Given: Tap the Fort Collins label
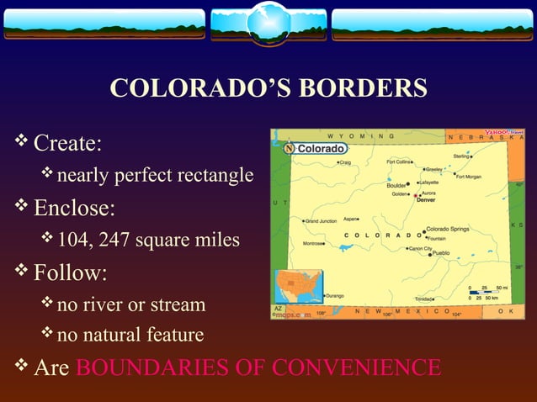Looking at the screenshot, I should [400, 161].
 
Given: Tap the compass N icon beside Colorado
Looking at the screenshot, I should [290, 148].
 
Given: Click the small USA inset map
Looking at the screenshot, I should [296, 288].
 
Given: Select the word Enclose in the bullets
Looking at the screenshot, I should [74, 207].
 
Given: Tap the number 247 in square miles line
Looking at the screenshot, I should [115, 241].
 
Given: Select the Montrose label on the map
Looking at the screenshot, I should [314, 242].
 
